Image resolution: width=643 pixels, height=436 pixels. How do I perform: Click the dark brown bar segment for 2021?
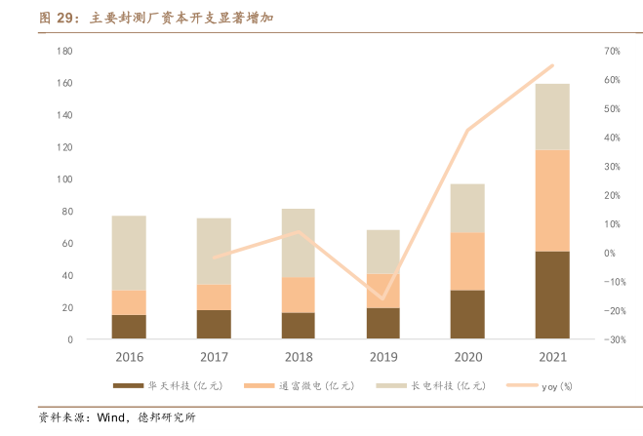pyautogui.click(x=552, y=295)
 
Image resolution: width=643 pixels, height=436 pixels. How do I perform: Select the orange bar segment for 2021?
pyautogui.click(x=552, y=200)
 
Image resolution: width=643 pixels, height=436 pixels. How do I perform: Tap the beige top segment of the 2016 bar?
pyautogui.click(x=129, y=253)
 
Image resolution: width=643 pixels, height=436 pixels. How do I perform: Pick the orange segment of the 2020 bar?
pyautogui.click(x=467, y=260)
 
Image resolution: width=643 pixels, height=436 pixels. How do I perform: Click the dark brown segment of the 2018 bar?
pyautogui.click(x=298, y=326)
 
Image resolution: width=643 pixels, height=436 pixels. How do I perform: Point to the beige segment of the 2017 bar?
pyautogui.click(x=214, y=251)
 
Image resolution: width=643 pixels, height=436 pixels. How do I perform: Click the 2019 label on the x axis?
pyautogui.click(x=382, y=358)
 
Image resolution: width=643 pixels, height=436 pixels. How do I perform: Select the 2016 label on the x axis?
pyautogui.click(x=129, y=358)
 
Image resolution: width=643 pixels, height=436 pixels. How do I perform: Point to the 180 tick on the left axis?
pyautogui.click(x=65, y=51)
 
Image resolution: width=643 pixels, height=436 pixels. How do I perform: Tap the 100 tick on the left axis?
pyautogui.click(x=65, y=179)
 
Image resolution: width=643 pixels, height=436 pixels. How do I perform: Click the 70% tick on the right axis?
pyautogui.click(x=612, y=51)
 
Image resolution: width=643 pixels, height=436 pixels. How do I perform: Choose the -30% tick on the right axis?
pyautogui.click(x=612, y=339)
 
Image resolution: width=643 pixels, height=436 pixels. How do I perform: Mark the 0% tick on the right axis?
pyautogui.click(x=610, y=254)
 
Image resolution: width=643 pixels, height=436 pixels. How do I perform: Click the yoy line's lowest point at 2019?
pyautogui.click(x=382, y=298)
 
